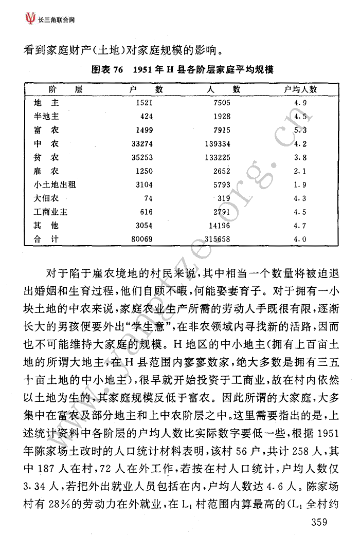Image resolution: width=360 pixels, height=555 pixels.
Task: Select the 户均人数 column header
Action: click(x=301, y=89)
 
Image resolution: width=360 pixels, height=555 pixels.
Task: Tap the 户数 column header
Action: click(x=147, y=89)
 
